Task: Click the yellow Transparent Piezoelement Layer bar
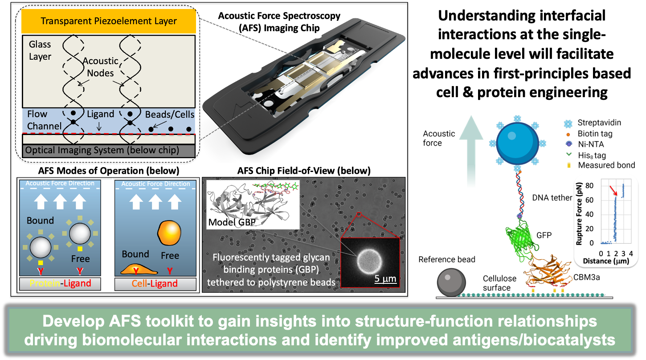(109, 21)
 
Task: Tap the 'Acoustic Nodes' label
(101, 66)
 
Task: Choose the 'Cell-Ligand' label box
(155, 284)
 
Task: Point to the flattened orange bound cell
(135, 269)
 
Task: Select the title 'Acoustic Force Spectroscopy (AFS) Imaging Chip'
(279, 21)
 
